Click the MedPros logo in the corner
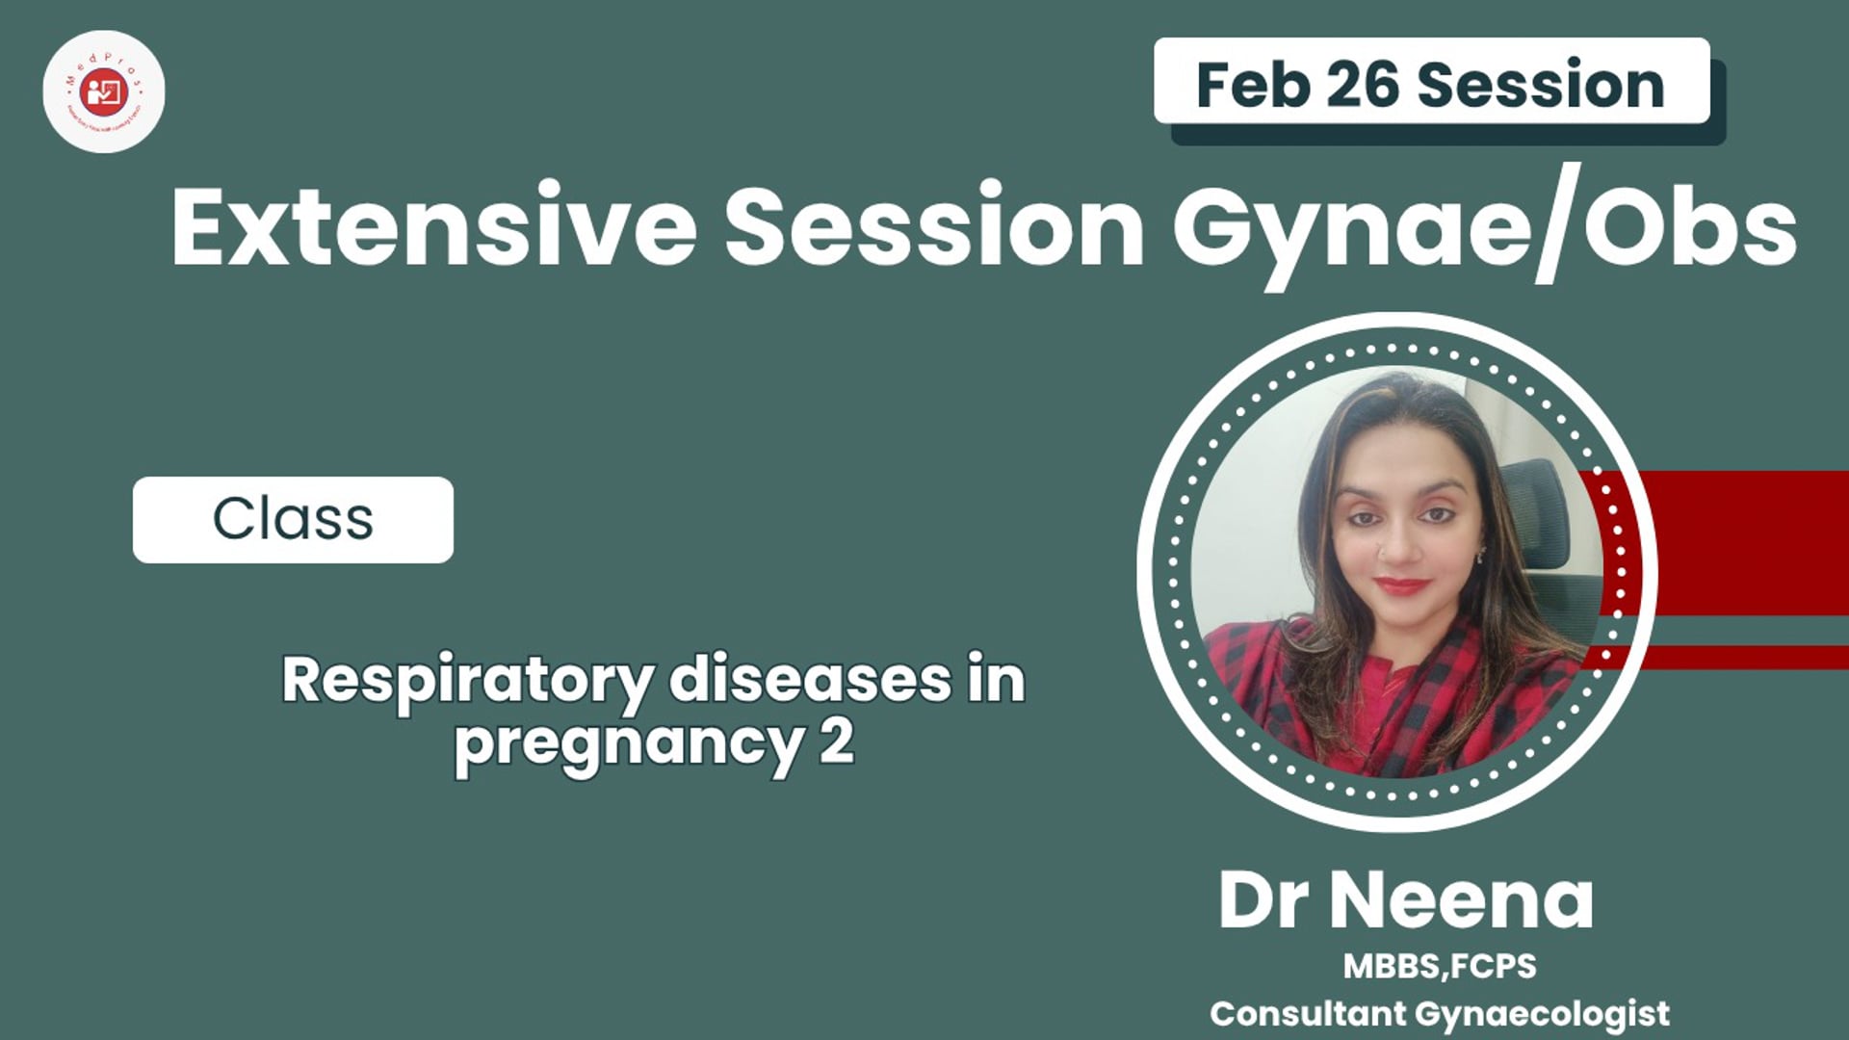[104, 91]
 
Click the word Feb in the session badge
[1252, 85]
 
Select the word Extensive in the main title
[433, 227]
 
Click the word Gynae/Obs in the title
[1483, 227]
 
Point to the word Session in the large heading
[934, 227]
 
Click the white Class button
[293, 520]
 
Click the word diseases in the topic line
[809, 680]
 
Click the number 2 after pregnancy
[837, 741]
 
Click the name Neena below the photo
[1461, 901]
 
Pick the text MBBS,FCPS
[1439, 966]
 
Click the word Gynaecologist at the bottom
[1542, 1014]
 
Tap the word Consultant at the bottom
[1307, 1014]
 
